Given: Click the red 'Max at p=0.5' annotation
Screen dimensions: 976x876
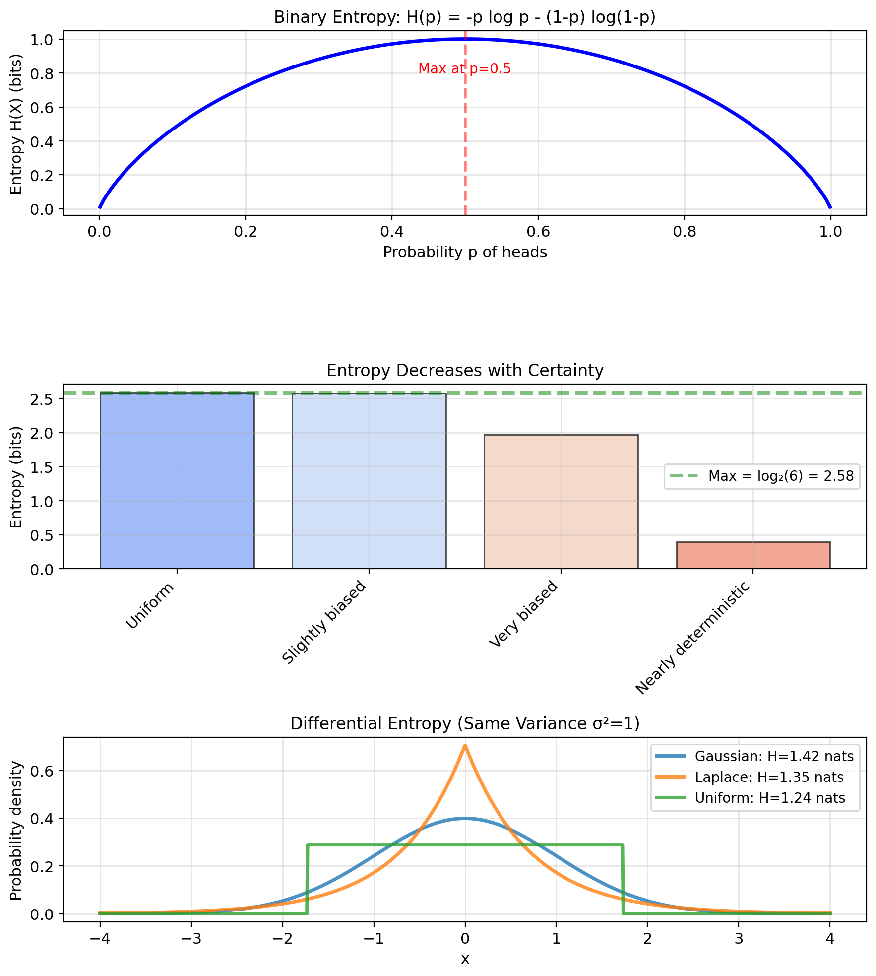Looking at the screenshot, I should pos(464,69).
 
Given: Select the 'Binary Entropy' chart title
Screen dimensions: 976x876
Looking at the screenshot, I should pos(465,18).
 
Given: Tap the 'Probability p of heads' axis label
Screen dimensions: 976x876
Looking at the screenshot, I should pos(465,252).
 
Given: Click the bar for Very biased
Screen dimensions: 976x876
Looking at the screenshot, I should pos(561,501).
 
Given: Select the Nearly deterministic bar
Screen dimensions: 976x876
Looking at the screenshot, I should pos(752,555).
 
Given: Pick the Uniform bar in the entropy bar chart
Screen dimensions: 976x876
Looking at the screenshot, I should pos(177,480).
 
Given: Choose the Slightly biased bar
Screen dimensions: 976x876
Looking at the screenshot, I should pos(369,480).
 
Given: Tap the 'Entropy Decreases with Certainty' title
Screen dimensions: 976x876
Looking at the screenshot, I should pos(465,371).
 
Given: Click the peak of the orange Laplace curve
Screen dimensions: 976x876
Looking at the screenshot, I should pos(465,746).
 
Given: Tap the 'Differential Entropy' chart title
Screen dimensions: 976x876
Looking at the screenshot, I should pos(465,724).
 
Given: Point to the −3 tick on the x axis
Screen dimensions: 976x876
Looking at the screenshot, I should pos(191,939).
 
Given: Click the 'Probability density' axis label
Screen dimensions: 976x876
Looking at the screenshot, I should pos(16,831).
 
